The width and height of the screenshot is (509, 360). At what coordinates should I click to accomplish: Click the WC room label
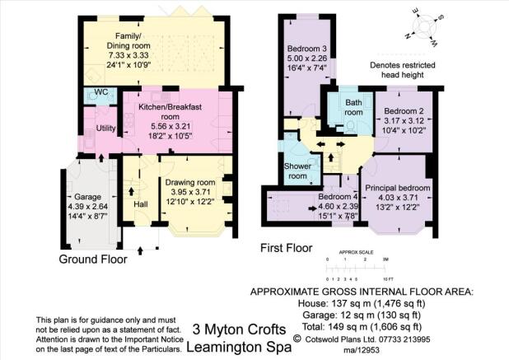(x=101, y=92)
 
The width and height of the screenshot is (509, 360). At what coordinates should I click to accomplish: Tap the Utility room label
(x=105, y=129)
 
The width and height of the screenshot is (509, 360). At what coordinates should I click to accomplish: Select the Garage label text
(x=87, y=197)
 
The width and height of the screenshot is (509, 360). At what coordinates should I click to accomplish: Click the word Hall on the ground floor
(x=141, y=204)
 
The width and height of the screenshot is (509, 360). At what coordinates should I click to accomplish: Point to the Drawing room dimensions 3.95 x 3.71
(x=190, y=192)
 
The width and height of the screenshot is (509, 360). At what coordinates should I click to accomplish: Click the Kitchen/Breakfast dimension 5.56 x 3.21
(x=170, y=126)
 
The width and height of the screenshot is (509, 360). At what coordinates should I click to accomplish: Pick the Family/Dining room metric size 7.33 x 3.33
(x=128, y=55)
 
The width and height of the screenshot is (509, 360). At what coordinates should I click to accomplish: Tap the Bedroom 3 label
(x=307, y=49)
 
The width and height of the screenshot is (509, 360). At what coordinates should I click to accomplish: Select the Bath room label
(x=353, y=107)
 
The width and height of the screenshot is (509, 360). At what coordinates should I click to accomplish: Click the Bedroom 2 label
(x=404, y=111)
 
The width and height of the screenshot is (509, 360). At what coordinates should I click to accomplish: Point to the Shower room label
(x=297, y=171)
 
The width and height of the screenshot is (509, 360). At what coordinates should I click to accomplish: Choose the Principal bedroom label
(x=398, y=188)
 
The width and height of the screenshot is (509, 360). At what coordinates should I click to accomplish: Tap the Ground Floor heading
(x=93, y=259)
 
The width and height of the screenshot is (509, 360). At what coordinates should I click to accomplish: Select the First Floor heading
(x=287, y=248)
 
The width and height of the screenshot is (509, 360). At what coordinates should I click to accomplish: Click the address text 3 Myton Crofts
(x=239, y=330)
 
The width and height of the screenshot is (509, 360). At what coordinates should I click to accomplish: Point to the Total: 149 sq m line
(x=362, y=326)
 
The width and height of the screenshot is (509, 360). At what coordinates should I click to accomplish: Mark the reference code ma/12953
(x=362, y=350)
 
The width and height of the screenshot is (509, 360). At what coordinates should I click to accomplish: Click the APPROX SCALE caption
(x=356, y=252)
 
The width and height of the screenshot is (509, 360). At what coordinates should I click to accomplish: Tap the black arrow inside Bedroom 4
(x=312, y=208)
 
